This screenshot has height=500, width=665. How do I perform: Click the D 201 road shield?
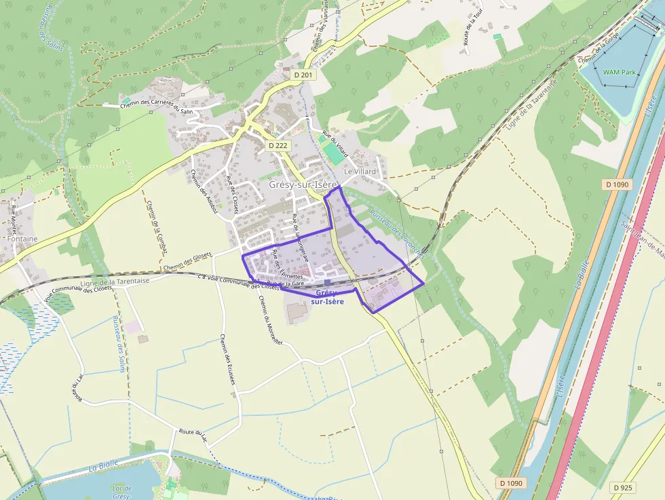point(303,75)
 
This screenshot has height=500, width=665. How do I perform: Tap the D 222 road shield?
point(278,145)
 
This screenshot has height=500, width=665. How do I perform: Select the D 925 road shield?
point(624,487)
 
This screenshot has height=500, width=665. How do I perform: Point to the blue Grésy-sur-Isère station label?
point(327,296)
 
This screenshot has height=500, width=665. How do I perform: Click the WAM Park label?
point(619,71)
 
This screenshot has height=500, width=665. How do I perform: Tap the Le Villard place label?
point(360,172)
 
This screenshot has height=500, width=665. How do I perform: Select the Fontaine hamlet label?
point(22,239)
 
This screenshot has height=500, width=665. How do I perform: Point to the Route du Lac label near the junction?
point(193,433)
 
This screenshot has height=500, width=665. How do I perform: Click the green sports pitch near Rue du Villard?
point(334,152)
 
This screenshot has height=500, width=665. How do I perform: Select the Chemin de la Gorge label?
point(601,51)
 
